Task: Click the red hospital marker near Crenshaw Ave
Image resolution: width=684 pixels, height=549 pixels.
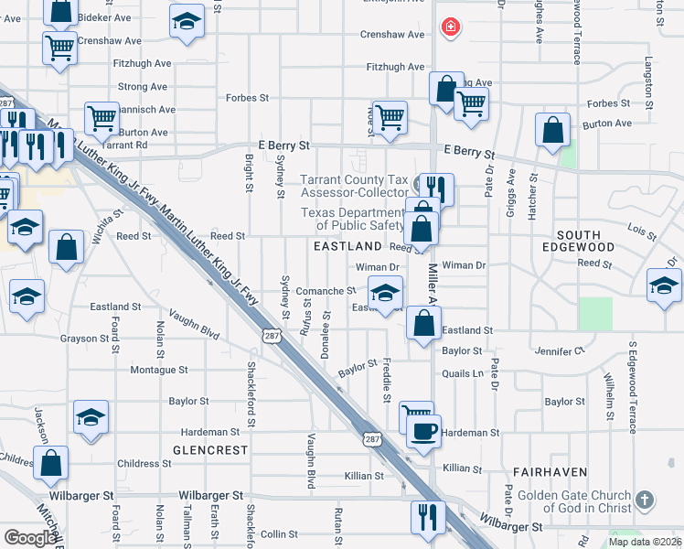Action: pyautogui.click(x=450, y=27)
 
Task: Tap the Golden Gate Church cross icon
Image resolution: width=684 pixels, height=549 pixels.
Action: pyautogui.click(x=645, y=501)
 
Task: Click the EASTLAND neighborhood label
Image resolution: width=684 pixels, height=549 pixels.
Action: pyautogui.click(x=347, y=247)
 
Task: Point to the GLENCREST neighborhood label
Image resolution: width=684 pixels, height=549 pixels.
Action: pyautogui.click(x=210, y=450)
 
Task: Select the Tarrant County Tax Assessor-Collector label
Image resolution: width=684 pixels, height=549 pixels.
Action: pyautogui.click(x=356, y=186)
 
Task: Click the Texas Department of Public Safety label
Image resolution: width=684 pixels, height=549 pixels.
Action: pyautogui.click(x=353, y=219)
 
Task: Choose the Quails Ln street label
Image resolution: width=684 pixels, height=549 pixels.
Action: pyautogui.click(x=462, y=373)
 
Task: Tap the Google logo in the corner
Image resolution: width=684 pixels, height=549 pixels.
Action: pyautogui.click(x=30, y=538)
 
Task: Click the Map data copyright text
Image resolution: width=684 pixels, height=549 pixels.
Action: pyautogui.click(x=645, y=542)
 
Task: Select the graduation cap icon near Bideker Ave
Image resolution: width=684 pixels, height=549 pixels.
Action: pyautogui.click(x=187, y=23)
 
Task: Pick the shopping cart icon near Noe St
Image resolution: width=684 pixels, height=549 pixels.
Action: pyautogui.click(x=390, y=117)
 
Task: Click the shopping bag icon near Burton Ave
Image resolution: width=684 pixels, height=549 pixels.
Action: pyautogui.click(x=553, y=131)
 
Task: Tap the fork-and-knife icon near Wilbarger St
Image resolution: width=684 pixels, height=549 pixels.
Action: pyautogui.click(x=427, y=517)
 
